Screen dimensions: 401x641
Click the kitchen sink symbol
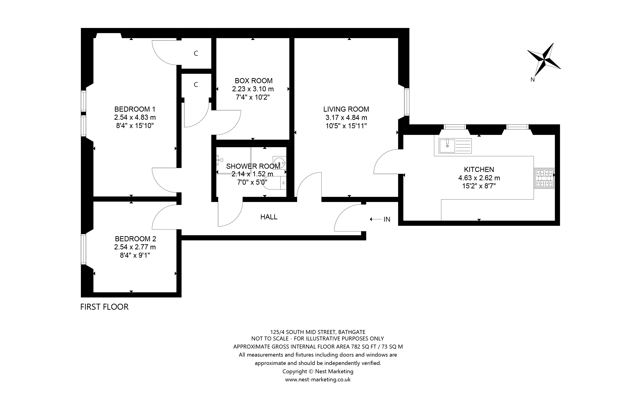455,146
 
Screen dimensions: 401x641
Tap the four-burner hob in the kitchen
544,178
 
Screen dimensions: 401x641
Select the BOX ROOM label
254,81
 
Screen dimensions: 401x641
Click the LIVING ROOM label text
346,109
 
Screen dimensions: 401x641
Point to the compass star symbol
544,60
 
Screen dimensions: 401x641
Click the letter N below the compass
532,80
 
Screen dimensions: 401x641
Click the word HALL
269,217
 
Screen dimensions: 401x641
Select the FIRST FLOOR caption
104,307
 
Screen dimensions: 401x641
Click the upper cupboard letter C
196,54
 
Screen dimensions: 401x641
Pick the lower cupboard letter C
196,85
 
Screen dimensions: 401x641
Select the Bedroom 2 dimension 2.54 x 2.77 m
135,247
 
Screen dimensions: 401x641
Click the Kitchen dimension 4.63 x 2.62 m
479,178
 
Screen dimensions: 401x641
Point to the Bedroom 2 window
83,249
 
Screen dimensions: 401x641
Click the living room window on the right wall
407,102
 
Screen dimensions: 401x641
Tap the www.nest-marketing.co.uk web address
317,380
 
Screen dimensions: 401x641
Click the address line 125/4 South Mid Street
317,332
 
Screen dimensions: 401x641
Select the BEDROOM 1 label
135,109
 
